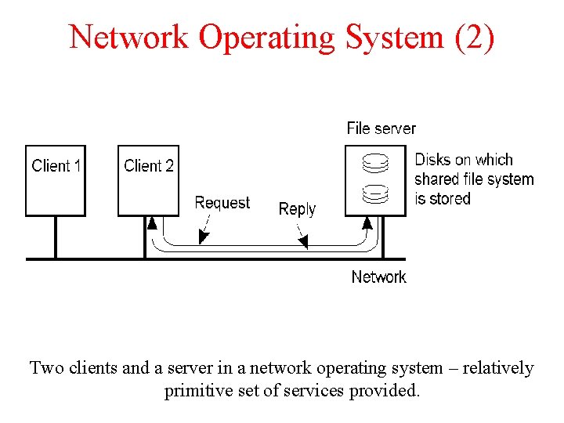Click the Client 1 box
pyautogui.click(x=55, y=180)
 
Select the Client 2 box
pyautogui.click(x=148, y=180)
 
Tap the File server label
pyautogui.click(x=381, y=128)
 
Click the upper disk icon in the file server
pyautogui.click(x=375, y=164)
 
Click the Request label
pyautogui.click(x=222, y=203)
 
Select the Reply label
pyautogui.click(x=297, y=209)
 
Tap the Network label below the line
pyautogui.click(x=378, y=277)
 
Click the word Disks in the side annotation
pyautogui.click(x=432, y=160)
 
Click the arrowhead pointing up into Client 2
pyautogui.click(x=152, y=223)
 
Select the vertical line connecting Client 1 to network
pyautogui.click(x=55, y=237)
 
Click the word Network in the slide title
pyautogui.click(x=128, y=37)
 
